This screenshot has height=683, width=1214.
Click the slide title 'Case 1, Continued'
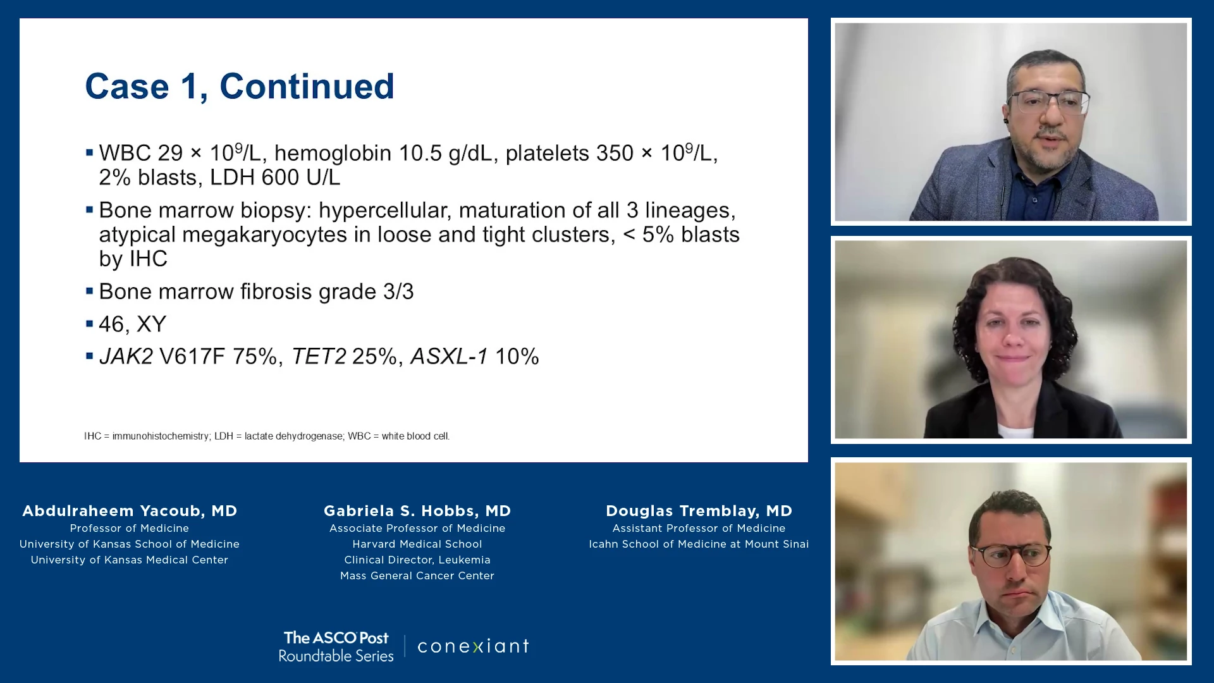(240, 86)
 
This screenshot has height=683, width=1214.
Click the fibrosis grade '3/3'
(398, 292)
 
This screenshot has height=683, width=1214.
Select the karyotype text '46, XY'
(133, 324)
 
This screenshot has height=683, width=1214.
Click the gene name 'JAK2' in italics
(126, 357)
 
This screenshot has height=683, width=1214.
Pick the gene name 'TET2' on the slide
(319, 357)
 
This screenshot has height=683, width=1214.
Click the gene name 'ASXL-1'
(449, 357)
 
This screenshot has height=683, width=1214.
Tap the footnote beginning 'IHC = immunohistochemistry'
(267, 436)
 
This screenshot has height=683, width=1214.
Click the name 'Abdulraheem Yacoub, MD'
(130, 511)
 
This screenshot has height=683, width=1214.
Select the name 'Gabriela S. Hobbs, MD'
(417, 511)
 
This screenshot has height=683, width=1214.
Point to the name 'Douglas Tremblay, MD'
(699, 511)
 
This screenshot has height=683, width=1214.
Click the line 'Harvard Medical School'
(417, 544)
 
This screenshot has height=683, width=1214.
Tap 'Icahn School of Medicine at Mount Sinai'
(699, 544)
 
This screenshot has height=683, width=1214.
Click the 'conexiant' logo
(473, 646)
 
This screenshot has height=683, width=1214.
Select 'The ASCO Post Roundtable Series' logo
(336, 646)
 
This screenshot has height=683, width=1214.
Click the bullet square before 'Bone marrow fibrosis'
(90, 291)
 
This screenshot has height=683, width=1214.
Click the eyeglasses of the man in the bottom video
(1010, 555)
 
